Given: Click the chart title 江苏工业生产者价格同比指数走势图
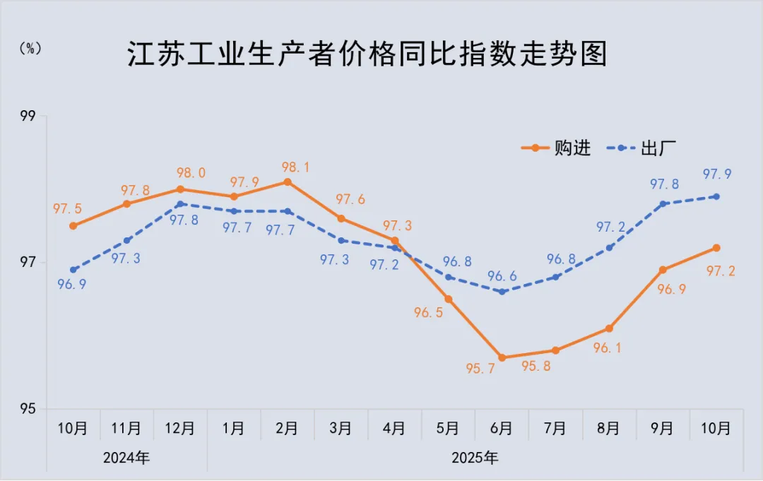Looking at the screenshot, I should tap(367, 54).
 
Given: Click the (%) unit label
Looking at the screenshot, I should tap(30, 48).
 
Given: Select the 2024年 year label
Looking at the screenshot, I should tap(126, 457).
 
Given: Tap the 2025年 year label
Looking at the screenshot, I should tap(475, 457).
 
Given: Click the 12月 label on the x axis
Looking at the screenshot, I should tap(180, 429).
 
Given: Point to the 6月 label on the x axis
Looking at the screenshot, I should tap(502, 429).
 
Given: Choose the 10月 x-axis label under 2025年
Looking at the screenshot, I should tap(716, 429).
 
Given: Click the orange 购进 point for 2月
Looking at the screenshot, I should tap(288, 182).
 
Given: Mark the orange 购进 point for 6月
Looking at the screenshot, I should tap(502, 357).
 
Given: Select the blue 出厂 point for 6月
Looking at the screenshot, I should tap(502, 292).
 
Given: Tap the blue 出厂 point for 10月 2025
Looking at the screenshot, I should tap(716, 196).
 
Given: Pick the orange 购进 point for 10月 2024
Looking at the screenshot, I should tap(73, 226).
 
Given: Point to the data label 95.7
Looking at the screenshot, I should tap(480, 368).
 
